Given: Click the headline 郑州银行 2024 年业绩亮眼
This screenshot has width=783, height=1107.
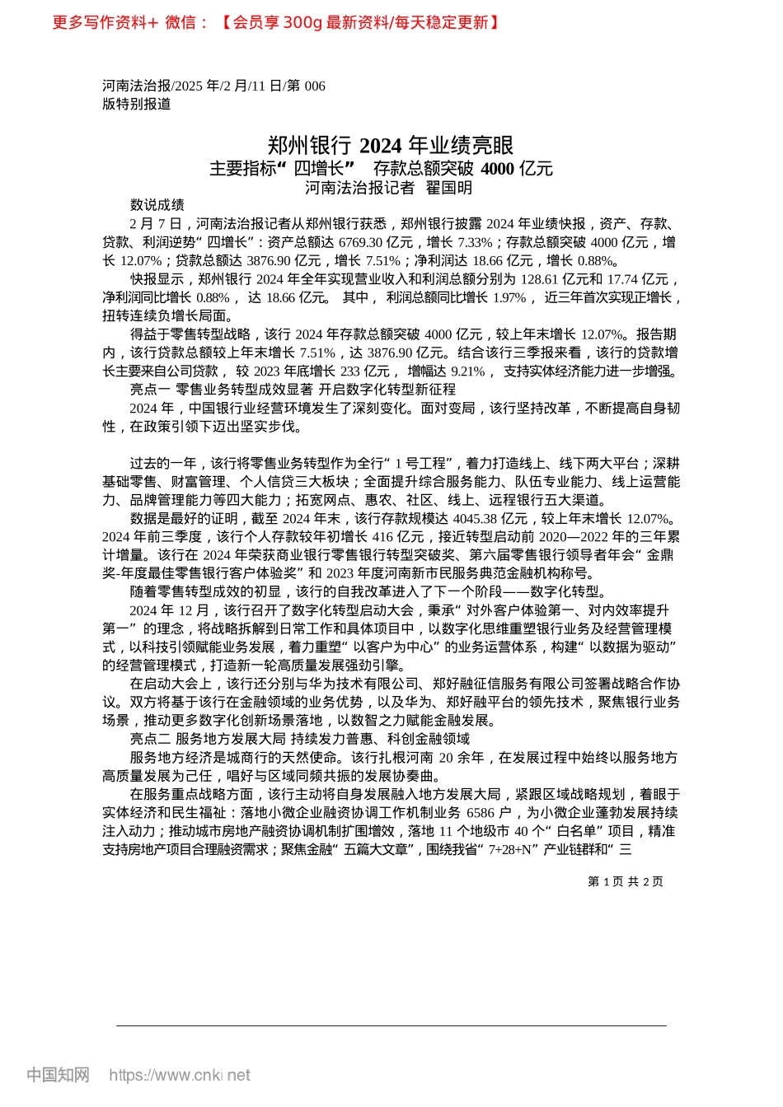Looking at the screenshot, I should [x=391, y=146].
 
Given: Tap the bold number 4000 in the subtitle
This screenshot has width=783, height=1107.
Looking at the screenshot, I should [x=497, y=169].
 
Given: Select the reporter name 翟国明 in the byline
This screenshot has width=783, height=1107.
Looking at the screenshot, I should [x=448, y=188].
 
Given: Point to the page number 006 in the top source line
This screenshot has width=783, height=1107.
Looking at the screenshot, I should [x=315, y=86].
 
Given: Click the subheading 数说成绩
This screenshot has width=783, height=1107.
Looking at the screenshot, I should [x=157, y=205].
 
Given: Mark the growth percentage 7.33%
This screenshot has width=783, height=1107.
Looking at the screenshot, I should [x=474, y=242].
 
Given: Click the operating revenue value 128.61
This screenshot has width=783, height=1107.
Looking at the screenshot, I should [x=539, y=279].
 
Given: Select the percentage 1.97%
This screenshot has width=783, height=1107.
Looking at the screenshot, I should [x=509, y=297].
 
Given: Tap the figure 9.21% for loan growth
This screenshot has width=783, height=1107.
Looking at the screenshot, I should [x=468, y=371].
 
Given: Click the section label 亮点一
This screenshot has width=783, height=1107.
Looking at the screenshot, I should [x=149, y=390].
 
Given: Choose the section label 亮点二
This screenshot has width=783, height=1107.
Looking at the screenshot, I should [x=149, y=739].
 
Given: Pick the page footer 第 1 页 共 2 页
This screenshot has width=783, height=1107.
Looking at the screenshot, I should [x=625, y=881].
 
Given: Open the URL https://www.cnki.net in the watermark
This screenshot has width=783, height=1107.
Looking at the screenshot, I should [x=180, y=1075].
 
